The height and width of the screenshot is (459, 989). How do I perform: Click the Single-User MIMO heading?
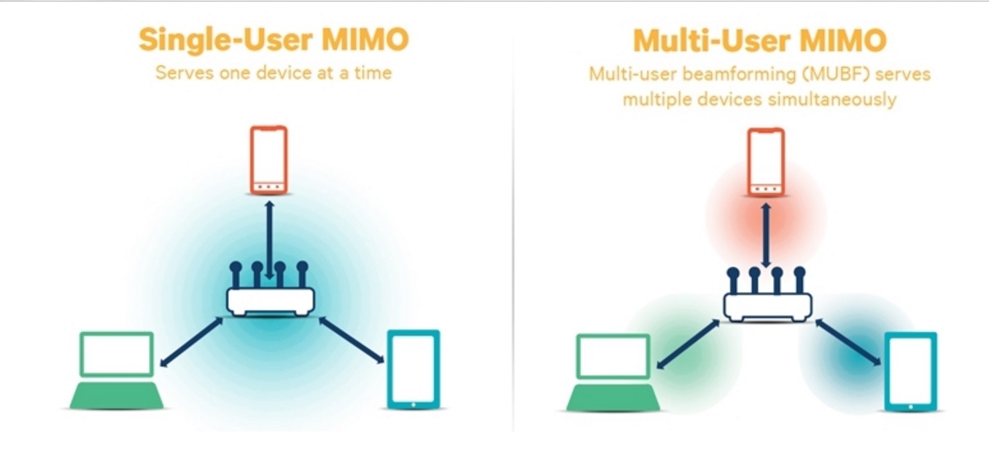coord(274,40)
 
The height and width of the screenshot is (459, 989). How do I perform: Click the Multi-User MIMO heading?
coord(759,40)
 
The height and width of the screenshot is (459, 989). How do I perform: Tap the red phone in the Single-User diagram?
coord(268,160)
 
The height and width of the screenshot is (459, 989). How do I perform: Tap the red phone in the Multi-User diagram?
coord(765,162)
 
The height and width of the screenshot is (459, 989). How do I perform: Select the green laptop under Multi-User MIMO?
coord(613,372)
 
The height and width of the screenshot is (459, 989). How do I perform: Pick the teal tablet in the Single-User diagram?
coord(413,369)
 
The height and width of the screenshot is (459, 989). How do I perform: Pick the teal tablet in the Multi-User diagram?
coord(910,371)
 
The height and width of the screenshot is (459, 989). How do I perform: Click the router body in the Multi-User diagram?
coord(767,306)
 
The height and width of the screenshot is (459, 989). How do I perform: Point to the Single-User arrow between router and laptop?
coord(191,342)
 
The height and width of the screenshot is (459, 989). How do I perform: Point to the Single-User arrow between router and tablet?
coord(352,340)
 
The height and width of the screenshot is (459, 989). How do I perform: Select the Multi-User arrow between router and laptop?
coord(688,344)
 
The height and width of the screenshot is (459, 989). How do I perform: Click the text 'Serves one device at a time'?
coord(274,73)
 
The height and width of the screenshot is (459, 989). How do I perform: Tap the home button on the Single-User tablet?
coord(413,404)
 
